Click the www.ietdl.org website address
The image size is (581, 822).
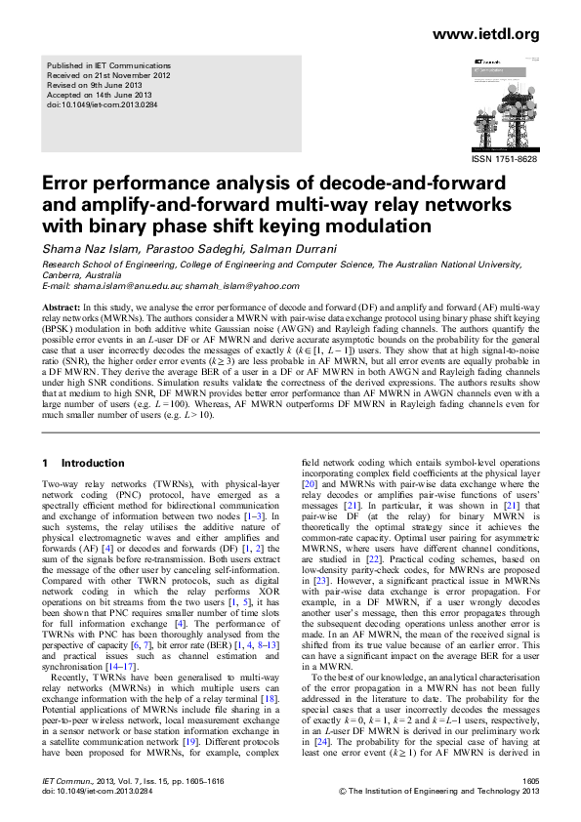coord(483,34)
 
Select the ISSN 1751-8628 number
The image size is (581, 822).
coord(504,158)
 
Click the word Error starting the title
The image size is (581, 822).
coord(67,185)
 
